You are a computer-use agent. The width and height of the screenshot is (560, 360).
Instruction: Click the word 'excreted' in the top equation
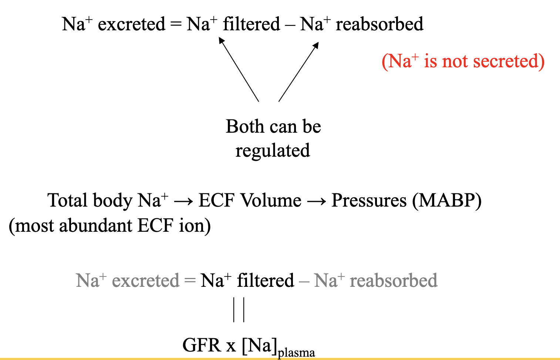(x=131, y=24)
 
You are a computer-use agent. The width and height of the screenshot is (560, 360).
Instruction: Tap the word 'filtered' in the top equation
(x=251, y=24)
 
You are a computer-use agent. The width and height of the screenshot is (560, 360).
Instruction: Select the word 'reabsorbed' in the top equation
(x=379, y=24)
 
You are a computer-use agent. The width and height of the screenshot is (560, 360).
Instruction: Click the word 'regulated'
(x=273, y=151)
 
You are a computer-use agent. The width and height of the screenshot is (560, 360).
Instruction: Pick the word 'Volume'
(x=271, y=201)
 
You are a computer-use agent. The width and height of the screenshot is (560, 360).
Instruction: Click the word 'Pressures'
(x=369, y=201)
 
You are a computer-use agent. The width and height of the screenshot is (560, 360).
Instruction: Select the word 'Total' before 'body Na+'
(x=69, y=201)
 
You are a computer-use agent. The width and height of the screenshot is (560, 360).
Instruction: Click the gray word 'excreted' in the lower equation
(x=145, y=281)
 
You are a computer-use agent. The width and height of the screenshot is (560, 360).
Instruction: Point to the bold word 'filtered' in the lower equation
(x=265, y=281)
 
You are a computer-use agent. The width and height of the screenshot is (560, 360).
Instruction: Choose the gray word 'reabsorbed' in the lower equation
(x=394, y=281)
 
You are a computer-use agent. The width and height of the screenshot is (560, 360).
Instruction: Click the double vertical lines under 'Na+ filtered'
(x=239, y=310)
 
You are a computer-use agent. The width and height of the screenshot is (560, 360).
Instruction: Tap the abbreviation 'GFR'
(x=202, y=346)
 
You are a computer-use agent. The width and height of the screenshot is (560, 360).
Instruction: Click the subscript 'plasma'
(x=296, y=353)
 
